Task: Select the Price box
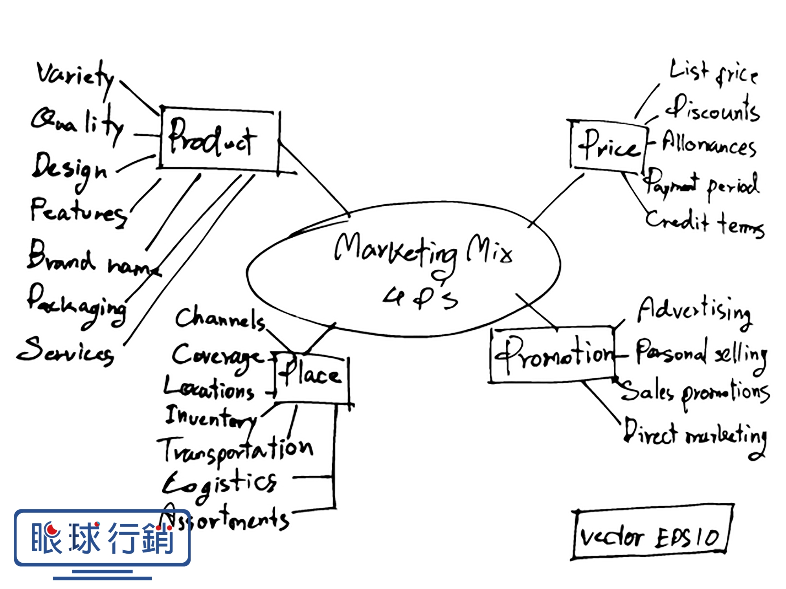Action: (608, 146)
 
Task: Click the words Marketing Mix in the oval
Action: (422, 251)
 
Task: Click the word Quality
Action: (77, 124)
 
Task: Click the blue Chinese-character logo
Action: (102, 538)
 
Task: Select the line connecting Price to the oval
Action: (556, 200)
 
